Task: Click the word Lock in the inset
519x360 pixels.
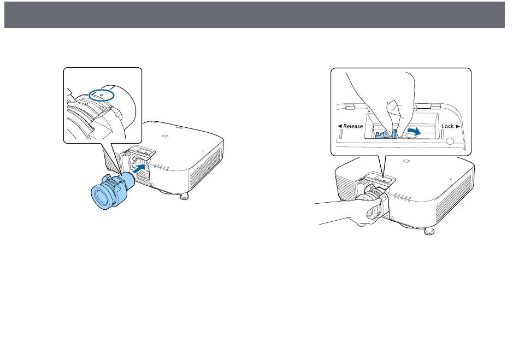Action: pos(448,126)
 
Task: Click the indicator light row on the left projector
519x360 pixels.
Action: pos(162,167)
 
